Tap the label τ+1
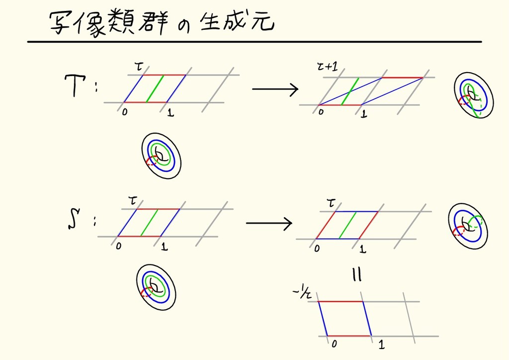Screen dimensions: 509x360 click(x=327, y=67)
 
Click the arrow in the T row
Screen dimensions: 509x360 click(x=274, y=90)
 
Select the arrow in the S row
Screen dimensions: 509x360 click(x=268, y=223)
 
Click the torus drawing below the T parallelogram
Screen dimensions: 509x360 click(x=161, y=155)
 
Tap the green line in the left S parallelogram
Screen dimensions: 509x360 click(x=150, y=222)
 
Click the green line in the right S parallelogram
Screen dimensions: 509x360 click(x=349, y=226)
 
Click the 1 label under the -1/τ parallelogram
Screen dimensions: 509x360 click(x=381, y=344)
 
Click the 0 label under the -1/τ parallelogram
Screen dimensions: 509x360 click(x=334, y=344)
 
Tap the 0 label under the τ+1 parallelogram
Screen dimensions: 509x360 click(x=321, y=112)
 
